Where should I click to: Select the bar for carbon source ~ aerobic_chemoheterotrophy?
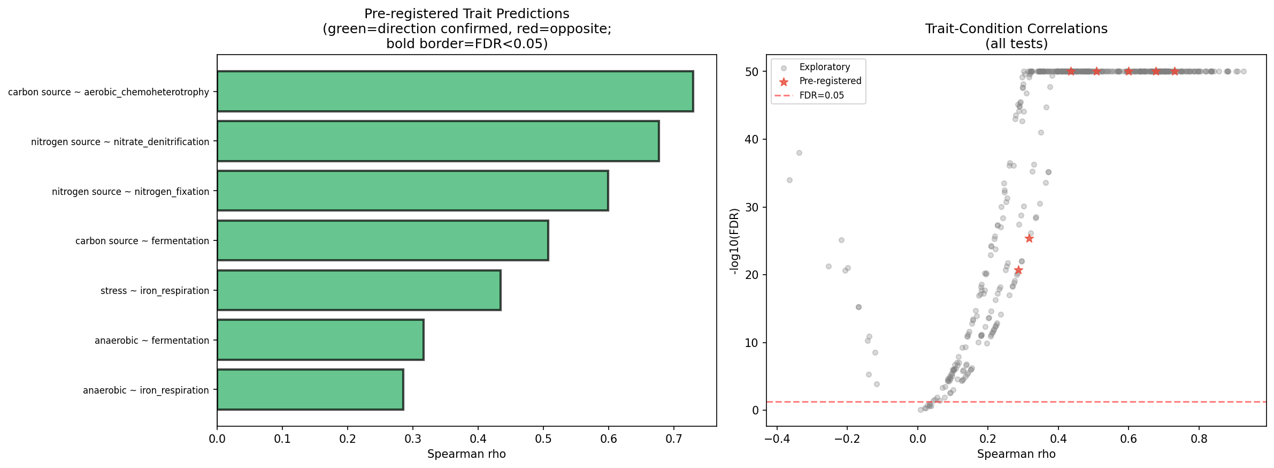pos(455,92)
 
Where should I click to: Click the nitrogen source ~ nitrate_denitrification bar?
pos(438,141)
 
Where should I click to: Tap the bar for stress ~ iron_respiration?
pos(358,290)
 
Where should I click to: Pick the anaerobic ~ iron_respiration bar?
pos(310,390)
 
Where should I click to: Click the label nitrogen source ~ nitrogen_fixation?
pos(131,192)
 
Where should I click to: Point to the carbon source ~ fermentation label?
pos(142,241)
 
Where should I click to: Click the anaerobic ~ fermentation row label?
pos(152,341)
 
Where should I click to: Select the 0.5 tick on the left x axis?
pos(543,439)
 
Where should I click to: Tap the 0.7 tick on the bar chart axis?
pos(674,439)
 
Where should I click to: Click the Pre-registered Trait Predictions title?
pos(466,14)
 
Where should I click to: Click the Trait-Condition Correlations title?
pos(1016,29)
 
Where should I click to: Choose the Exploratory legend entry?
pos(824,67)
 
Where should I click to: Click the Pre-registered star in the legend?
pos(784,81)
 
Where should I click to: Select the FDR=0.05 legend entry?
pos(822,95)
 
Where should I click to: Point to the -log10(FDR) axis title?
pos(735,241)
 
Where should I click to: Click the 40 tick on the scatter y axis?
pos(752,139)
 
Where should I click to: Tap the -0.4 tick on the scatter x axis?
pos(777,439)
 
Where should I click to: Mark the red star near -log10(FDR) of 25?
pos(1029,238)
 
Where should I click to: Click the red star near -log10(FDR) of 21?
pos(1018,270)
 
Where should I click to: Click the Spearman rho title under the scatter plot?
pos(1016,454)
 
